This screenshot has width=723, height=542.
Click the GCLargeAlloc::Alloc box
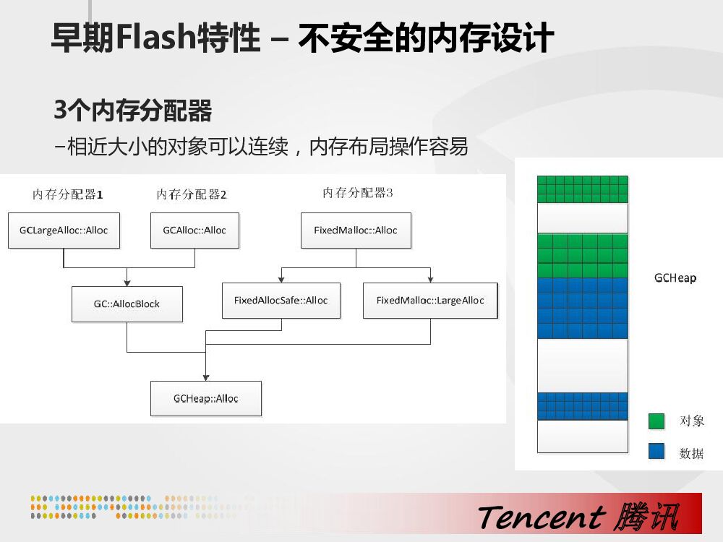64,231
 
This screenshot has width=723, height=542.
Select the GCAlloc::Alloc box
194,231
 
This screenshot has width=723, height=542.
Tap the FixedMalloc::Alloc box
356,231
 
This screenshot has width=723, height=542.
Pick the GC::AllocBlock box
127,304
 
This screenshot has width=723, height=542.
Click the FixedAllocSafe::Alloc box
281,301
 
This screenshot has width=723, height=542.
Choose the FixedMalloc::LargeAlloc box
430,301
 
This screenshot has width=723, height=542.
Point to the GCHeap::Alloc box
206,398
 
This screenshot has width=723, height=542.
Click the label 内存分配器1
68,194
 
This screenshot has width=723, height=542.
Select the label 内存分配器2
192,194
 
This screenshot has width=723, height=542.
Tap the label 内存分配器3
358,193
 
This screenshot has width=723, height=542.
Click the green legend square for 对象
656,421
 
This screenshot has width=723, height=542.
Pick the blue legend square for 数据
656,452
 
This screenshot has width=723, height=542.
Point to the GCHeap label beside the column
675,278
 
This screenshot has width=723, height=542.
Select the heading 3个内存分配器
133,111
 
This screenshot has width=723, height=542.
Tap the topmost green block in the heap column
583,189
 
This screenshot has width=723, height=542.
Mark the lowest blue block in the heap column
583,406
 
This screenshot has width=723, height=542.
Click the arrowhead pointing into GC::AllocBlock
127,283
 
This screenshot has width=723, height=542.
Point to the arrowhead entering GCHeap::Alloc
206,377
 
